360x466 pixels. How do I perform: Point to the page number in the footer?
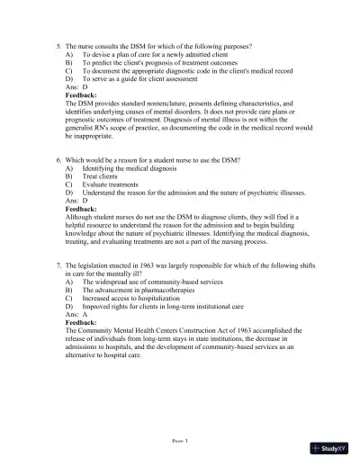179,441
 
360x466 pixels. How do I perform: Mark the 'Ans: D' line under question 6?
77,200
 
